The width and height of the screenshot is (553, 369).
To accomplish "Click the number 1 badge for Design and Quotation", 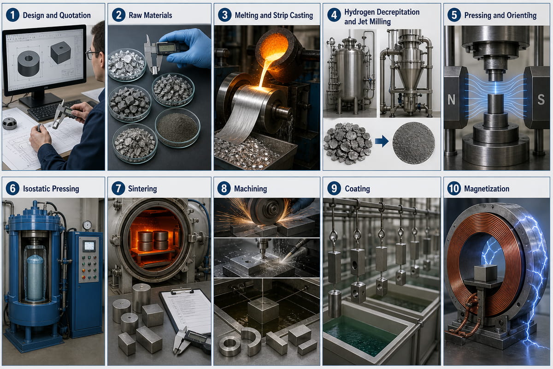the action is (x=12, y=15).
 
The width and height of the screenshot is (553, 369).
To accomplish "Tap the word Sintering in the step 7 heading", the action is (x=142, y=189).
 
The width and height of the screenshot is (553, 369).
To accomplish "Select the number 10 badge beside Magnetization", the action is (x=454, y=189).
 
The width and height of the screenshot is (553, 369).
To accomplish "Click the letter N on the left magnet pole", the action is (x=451, y=100).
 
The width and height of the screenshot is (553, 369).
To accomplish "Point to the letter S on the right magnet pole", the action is (x=541, y=100).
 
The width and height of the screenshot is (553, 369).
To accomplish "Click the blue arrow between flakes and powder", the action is (x=382, y=141).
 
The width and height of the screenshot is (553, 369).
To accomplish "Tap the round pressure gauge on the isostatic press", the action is (x=87, y=225).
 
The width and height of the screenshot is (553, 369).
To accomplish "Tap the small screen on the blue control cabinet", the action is (x=89, y=246).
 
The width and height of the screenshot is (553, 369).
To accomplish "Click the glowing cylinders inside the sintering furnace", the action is (x=153, y=240).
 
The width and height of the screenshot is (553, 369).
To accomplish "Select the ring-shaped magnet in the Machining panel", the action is (x=229, y=344).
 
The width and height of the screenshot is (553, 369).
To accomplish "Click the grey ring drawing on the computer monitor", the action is (x=29, y=63).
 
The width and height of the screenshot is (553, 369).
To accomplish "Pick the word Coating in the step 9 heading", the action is (x=357, y=189).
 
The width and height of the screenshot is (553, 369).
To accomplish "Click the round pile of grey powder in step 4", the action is (x=414, y=143).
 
